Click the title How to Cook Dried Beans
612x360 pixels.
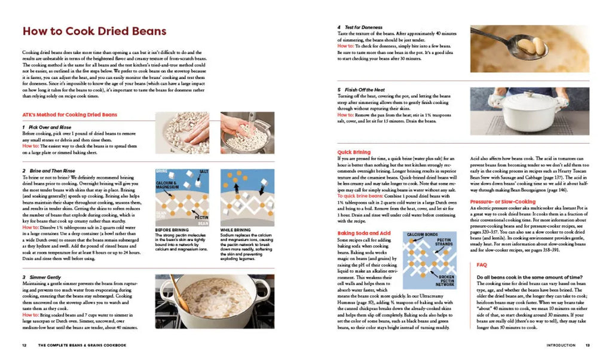pos(94,31)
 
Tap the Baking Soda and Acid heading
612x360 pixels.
pos(364,233)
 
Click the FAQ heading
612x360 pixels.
pos(482,264)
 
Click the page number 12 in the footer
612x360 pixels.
pos(24,345)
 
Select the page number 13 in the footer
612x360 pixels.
pos(587,345)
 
